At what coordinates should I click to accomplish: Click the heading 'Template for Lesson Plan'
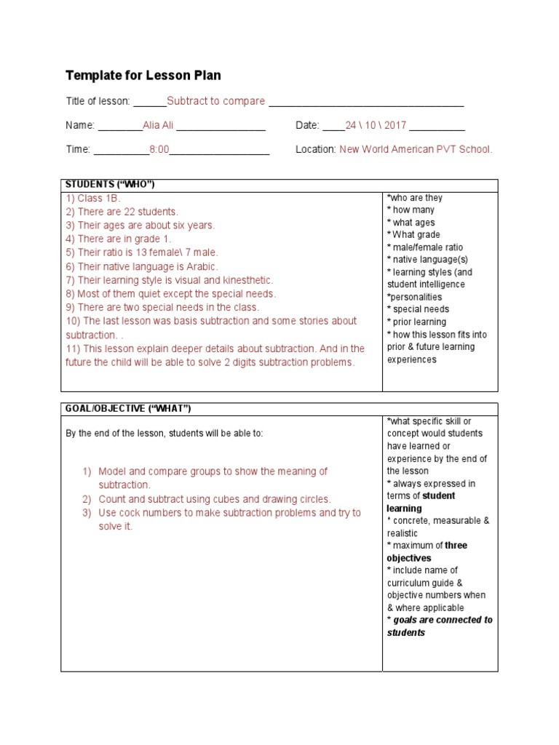pyautogui.click(x=143, y=76)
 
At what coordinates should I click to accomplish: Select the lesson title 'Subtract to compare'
pyautogui.click(x=215, y=101)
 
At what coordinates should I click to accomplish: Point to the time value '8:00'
pyautogui.click(x=159, y=149)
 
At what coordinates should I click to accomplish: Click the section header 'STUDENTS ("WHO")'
pyautogui.click(x=110, y=185)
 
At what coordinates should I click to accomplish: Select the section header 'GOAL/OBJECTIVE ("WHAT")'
pyautogui.click(x=128, y=408)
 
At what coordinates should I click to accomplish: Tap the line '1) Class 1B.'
pyautogui.click(x=93, y=198)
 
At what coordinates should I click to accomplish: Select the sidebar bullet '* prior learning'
pyautogui.click(x=417, y=322)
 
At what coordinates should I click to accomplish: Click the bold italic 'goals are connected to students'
pyautogui.click(x=440, y=626)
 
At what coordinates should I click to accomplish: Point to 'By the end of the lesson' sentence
pyautogui.click(x=164, y=434)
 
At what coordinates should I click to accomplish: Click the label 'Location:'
pyautogui.click(x=315, y=149)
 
